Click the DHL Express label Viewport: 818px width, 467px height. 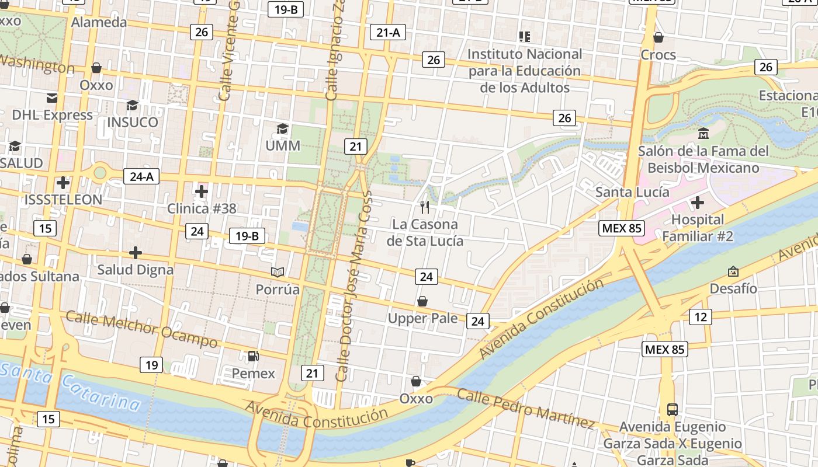(53, 115)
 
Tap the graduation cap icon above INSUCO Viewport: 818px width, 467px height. (133, 106)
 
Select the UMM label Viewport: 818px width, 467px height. (283, 145)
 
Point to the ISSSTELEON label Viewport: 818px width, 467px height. (63, 199)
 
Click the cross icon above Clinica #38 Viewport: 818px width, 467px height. (202, 191)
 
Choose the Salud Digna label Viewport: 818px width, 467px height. (135, 270)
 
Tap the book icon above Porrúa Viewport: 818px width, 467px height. (278, 272)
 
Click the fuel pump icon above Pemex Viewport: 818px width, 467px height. (254, 356)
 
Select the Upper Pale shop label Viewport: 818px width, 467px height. (423, 318)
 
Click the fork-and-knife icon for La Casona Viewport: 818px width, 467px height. (425, 207)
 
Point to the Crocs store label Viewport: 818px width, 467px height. (658, 55)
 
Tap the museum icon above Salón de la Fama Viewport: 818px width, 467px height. (703, 134)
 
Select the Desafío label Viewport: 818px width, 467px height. (733, 288)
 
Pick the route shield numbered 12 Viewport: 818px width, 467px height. (701, 317)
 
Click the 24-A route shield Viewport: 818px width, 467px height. (141, 176)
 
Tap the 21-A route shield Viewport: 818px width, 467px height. (388, 33)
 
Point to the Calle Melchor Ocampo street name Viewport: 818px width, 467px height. (141, 329)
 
